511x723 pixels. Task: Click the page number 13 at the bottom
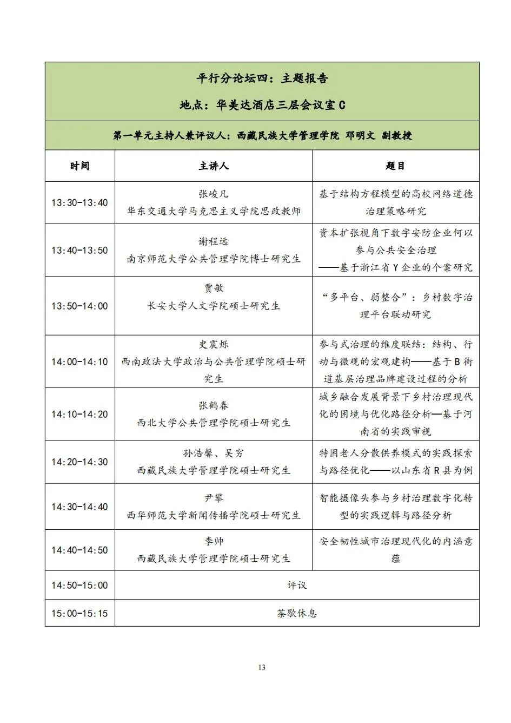pos(262,667)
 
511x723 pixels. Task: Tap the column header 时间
pos(79,166)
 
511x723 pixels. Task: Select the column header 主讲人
pos(214,166)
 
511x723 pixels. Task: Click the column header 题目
pos(395,166)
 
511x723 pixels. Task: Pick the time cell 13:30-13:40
pos(79,203)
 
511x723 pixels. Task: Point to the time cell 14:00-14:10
pos(79,361)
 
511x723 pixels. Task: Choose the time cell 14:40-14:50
pos(79,550)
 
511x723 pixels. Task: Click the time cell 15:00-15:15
pos(79,613)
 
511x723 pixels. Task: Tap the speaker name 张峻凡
pos(214,194)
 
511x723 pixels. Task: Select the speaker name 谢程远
pos(214,242)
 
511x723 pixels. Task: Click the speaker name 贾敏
pos(214,288)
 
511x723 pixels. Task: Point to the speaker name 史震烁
pos(214,345)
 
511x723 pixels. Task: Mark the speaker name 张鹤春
pos(214,405)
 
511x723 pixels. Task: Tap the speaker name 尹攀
pos(214,498)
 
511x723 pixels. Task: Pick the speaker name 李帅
pos(214,541)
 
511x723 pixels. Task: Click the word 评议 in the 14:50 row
pos(297,585)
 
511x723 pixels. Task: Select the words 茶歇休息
pos(297,613)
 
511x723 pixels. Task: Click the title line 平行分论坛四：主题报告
pos(262,78)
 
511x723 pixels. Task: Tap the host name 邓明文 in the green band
pos(360,135)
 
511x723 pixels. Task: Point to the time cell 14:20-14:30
pos(79,462)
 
